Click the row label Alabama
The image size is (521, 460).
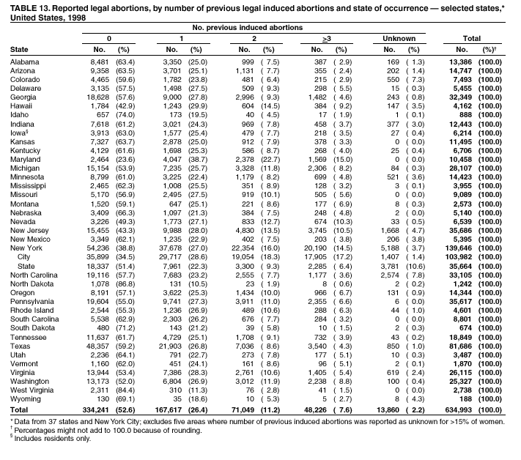point(25,62)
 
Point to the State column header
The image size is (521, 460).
point(20,49)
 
